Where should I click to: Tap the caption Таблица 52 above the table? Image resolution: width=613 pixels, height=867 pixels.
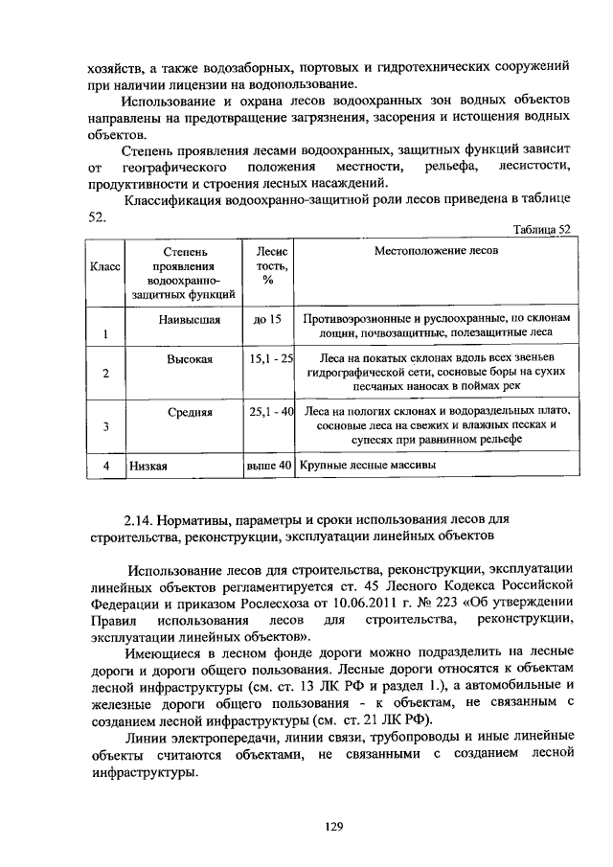pyautogui.click(x=542, y=229)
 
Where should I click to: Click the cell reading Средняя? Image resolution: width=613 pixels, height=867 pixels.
pyautogui.click(x=192, y=411)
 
